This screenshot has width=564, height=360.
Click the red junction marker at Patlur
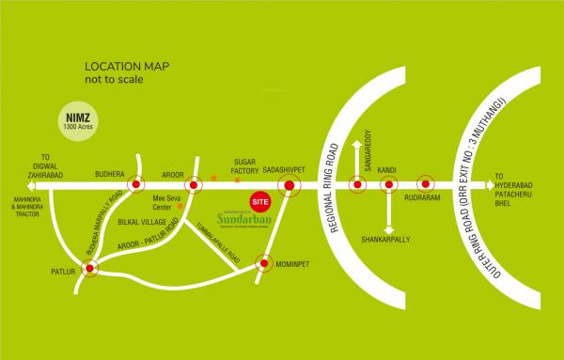90,270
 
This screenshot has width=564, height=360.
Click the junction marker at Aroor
195,185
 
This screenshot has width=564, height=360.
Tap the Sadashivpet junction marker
290,185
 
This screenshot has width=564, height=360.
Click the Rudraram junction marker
425,185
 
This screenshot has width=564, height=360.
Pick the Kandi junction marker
387,185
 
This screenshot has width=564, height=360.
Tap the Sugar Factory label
243,165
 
